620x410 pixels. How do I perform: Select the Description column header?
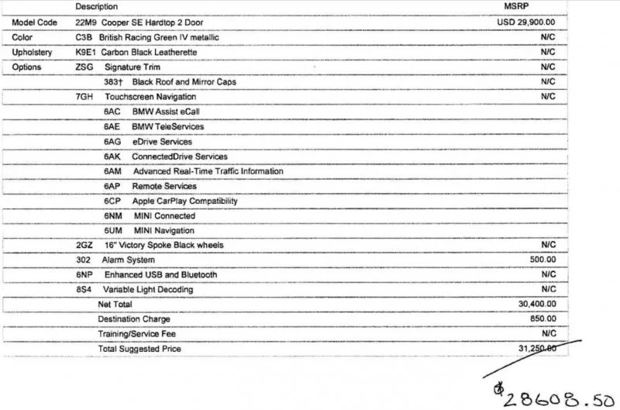click(96, 6)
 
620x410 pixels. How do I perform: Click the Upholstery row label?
click(32, 52)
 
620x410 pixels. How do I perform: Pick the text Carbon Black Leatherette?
click(148, 52)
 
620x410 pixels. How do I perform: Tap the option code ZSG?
click(84, 67)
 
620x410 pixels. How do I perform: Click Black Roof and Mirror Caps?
click(184, 81)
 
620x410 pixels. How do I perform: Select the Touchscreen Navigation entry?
click(150, 97)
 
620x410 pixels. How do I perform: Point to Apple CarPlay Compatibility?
click(184, 201)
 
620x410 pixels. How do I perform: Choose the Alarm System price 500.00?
click(542, 260)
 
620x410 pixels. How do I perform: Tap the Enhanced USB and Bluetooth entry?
click(160, 274)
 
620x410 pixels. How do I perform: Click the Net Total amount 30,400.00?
click(537, 304)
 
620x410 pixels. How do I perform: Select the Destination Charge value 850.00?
click(542, 319)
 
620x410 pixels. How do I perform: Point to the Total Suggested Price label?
click(139, 349)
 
